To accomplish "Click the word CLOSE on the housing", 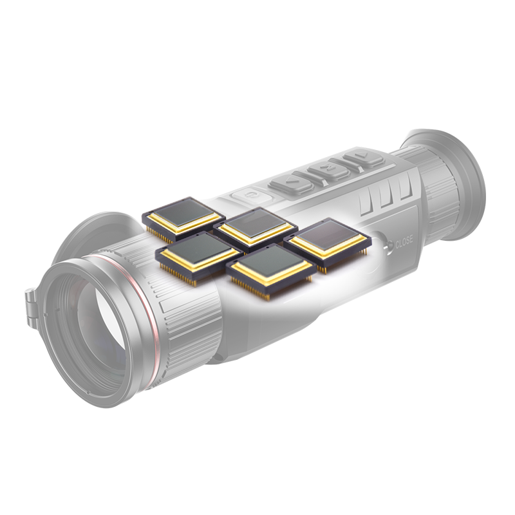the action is click(x=404, y=243).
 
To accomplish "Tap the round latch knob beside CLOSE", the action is click(x=389, y=245).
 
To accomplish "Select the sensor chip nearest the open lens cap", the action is click(x=183, y=218).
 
